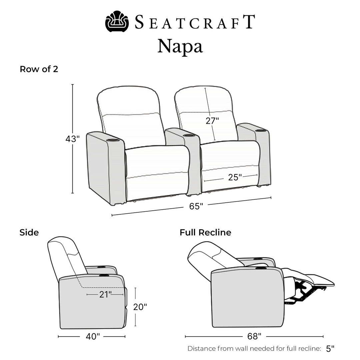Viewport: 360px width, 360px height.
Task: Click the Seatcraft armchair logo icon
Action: tap(117, 21)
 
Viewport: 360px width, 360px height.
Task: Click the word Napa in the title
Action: tap(180, 46)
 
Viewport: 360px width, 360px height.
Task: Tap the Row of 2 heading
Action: tap(39, 69)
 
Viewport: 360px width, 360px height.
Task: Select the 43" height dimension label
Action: tap(73, 139)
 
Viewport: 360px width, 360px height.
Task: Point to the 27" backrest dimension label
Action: tap(212, 121)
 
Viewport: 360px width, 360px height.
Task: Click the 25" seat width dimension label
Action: tap(235, 177)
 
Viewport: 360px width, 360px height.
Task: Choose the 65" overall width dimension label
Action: tap(196, 206)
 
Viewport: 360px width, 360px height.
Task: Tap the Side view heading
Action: tap(29, 233)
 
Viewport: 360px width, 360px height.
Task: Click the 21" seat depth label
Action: tap(105, 294)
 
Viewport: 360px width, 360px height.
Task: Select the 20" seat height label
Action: tap(140, 307)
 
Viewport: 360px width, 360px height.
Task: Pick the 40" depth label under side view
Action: tap(93, 337)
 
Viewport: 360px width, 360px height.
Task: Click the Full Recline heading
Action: tap(205, 233)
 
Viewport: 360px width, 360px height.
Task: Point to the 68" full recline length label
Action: tap(254, 336)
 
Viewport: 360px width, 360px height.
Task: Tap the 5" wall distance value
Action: tap(330, 349)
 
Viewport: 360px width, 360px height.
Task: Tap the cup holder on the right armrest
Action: tap(260, 131)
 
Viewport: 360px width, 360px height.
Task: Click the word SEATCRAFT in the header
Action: tap(195, 22)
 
